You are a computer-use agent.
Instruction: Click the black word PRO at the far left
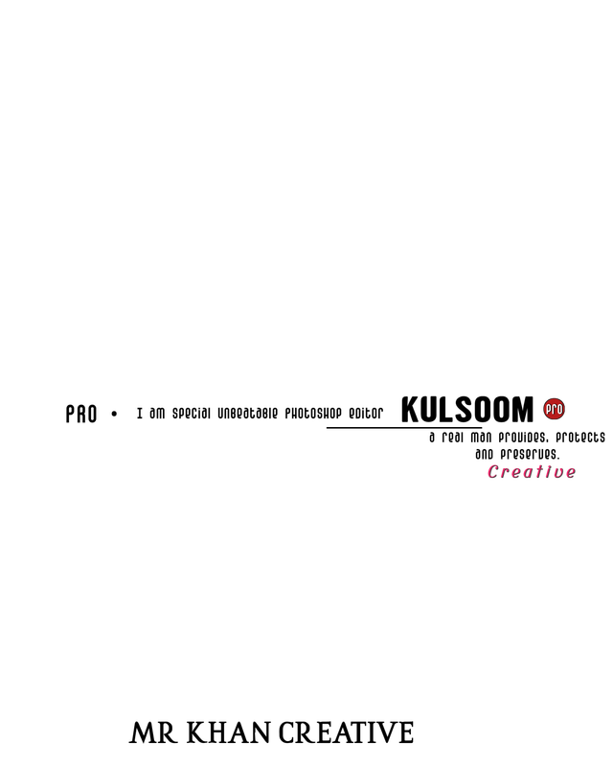click(81, 414)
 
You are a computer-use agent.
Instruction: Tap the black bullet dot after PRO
click(114, 414)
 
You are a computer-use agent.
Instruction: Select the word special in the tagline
click(192, 414)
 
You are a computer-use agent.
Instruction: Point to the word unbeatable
click(247, 414)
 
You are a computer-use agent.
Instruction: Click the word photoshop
click(313, 414)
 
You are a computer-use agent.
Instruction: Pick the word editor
click(366, 414)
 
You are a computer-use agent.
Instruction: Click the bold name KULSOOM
click(467, 410)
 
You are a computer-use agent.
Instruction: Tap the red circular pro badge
click(554, 409)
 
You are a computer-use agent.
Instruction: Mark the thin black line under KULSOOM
click(404, 428)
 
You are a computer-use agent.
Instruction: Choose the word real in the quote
click(452, 438)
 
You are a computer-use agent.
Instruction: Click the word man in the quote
click(481, 438)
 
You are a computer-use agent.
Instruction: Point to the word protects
click(580, 438)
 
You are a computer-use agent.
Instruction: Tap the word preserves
click(530, 455)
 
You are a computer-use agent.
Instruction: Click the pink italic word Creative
click(532, 472)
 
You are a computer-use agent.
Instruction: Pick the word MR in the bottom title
click(153, 732)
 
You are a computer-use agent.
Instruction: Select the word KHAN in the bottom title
click(229, 732)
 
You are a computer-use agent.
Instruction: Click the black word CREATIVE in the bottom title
click(346, 732)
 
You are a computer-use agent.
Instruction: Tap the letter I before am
click(140, 414)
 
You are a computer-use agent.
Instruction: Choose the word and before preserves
click(484, 455)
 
